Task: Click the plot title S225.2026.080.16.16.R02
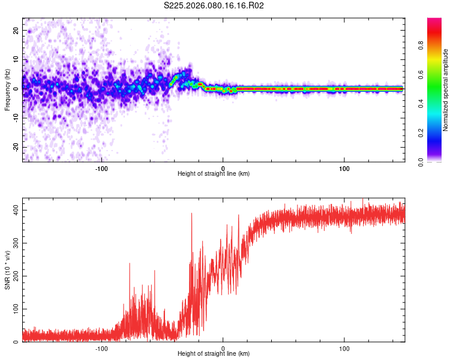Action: click(x=214, y=5)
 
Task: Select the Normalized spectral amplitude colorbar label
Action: click(x=446, y=90)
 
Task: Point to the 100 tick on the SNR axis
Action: click(x=13, y=308)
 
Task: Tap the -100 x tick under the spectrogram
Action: click(x=101, y=168)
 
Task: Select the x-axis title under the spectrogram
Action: click(x=214, y=174)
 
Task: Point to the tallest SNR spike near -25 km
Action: click(x=192, y=214)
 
